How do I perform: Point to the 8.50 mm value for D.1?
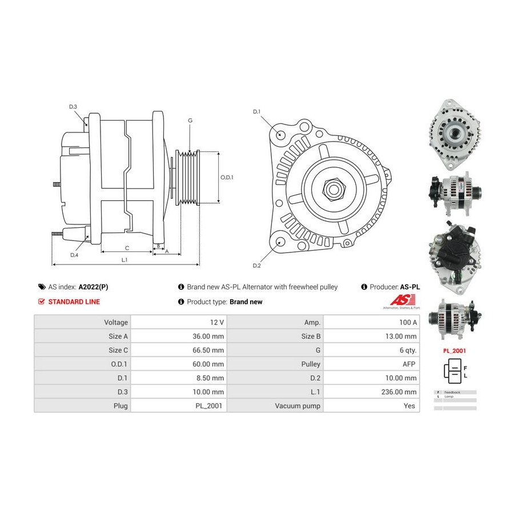point(211,378)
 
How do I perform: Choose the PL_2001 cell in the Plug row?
point(210,405)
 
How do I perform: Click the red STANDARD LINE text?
point(74,302)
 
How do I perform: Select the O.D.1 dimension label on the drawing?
point(227,177)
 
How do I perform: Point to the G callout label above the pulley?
point(190,121)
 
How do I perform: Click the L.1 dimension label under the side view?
point(125,260)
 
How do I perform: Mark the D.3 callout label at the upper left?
point(73,107)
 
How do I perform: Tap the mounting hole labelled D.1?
point(280,134)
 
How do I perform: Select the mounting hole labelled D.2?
point(279,242)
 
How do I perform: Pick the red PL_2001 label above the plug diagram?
point(455,350)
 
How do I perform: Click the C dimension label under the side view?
point(127,248)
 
